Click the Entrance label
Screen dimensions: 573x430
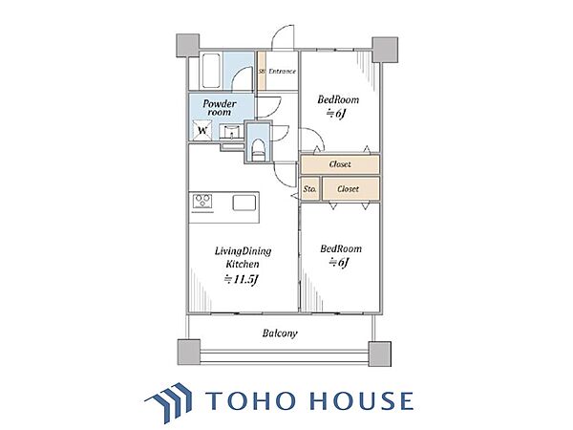click(x=282, y=71)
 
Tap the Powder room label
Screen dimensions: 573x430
click(x=220, y=108)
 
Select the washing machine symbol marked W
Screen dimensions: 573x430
click(x=202, y=129)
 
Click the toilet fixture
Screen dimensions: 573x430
click(x=258, y=150)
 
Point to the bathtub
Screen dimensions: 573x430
click(x=211, y=71)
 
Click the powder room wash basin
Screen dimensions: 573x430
click(x=231, y=132)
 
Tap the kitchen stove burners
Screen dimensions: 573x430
click(x=202, y=202)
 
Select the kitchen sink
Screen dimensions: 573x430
click(x=244, y=203)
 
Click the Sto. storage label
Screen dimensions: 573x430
click(x=309, y=189)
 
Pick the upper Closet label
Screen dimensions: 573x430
click(x=340, y=164)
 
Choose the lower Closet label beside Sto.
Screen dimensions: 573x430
click(x=348, y=189)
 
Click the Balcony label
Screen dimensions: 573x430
click(x=280, y=333)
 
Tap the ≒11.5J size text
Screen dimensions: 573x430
click(x=242, y=280)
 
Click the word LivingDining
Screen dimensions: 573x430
click(x=243, y=251)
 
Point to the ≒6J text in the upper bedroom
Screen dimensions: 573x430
click(x=336, y=114)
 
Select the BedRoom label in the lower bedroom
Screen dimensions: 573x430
click(x=341, y=249)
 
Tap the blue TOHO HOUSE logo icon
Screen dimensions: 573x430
click(x=168, y=402)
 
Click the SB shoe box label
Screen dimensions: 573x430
click(x=262, y=72)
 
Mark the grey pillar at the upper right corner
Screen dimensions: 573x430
click(x=385, y=50)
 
